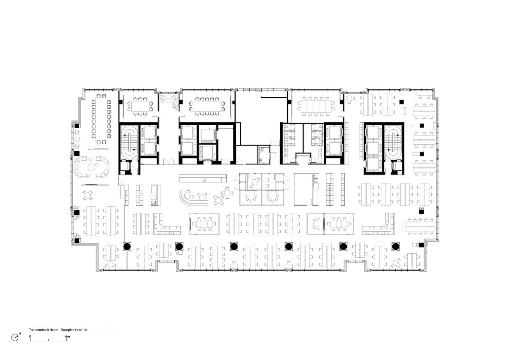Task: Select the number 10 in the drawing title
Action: pyautogui.click(x=85, y=330)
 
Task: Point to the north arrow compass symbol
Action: pyautogui.click(x=15, y=337)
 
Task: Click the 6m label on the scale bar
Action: pyautogui.click(x=67, y=336)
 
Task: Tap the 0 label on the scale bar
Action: pyautogui.click(x=30, y=336)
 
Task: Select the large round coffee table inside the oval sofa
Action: pyautogui.click(x=91, y=167)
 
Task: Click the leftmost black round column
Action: pyautogui.click(x=127, y=246)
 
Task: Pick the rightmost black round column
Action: pyautogui.click(x=395, y=246)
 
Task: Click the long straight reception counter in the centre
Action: pyautogui.click(x=203, y=178)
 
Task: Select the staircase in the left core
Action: pyautogui.click(x=129, y=142)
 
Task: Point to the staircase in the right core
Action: pyautogui.click(x=393, y=142)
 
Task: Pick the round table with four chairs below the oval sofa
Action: pyautogui.click(x=88, y=195)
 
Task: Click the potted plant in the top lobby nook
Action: pyautogui.click(x=175, y=105)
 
